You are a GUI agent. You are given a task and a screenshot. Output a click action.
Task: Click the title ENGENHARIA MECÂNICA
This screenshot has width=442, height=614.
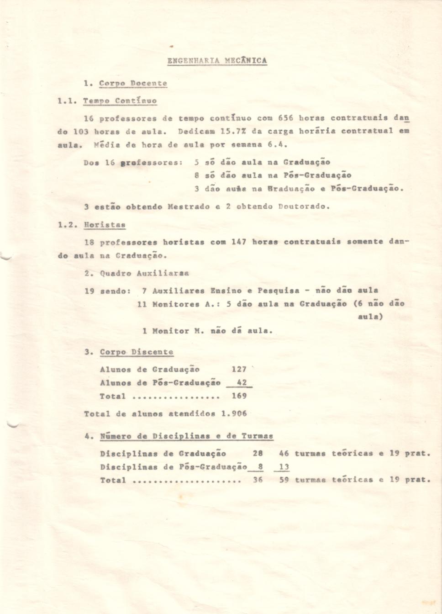217,61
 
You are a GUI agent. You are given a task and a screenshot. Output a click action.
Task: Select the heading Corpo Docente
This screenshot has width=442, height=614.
133,84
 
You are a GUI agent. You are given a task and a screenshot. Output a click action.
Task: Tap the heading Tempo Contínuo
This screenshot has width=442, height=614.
120,101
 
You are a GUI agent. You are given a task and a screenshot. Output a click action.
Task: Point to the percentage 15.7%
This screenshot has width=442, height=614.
230,131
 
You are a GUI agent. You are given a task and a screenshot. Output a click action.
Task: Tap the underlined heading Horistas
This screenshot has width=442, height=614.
105,225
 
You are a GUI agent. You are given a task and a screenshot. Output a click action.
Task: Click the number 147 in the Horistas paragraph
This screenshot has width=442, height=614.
239,242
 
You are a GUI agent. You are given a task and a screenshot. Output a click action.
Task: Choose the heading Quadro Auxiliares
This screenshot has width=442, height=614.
144,273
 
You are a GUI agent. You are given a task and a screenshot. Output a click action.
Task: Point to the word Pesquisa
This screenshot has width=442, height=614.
279,291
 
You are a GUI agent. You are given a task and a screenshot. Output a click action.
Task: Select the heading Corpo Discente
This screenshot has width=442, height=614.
137,352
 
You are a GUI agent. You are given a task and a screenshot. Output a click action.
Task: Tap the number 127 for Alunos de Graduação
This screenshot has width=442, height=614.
239,369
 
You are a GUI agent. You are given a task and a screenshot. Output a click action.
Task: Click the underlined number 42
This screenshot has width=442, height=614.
242,383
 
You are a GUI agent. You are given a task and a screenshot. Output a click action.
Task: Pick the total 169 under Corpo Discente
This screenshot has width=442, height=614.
239,396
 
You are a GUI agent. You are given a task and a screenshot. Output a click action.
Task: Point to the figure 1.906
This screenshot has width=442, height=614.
234,414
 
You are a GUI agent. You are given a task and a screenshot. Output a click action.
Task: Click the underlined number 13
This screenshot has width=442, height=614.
284,467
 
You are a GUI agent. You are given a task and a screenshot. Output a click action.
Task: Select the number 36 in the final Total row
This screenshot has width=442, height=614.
258,480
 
